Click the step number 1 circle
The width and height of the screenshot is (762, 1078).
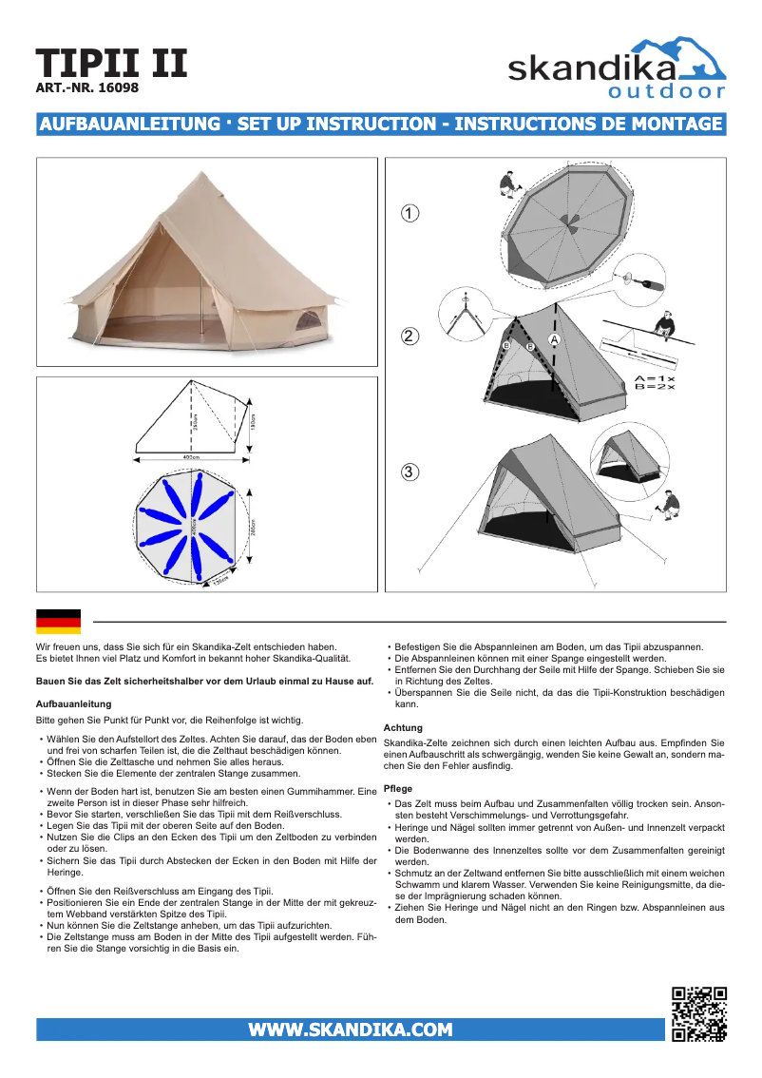click(409, 213)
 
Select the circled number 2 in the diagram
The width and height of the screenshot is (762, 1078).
click(409, 336)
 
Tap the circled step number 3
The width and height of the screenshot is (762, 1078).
click(409, 472)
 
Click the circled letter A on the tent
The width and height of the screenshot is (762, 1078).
click(554, 339)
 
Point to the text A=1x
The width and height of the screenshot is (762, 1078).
click(654, 377)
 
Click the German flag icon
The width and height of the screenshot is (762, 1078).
click(58, 622)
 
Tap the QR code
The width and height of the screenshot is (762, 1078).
click(699, 1014)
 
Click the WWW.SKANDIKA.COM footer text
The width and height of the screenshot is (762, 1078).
click(350, 1030)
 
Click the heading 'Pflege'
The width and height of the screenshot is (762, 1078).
click(397, 789)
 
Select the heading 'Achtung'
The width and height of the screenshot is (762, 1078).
click(403, 727)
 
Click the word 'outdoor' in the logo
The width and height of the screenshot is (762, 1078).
click(666, 92)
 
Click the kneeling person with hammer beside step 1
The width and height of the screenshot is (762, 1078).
click(507, 183)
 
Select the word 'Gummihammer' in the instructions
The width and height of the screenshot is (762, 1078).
click(317, 790)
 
